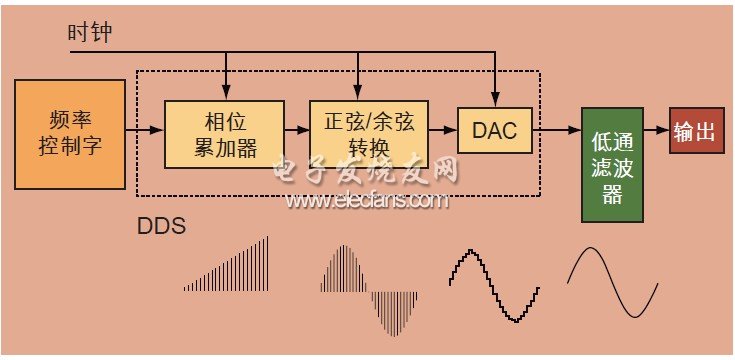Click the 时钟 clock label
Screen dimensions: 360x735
click(89, 34)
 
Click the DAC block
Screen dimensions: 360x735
click(494, 131)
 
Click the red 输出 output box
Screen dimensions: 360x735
click(696, 131)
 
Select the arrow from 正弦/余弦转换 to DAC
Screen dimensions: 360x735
click(443, 131)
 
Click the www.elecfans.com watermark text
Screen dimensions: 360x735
click(365, 201)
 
